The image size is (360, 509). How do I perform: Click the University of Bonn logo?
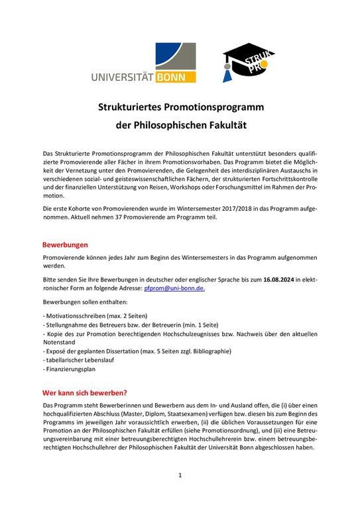coord(143,62)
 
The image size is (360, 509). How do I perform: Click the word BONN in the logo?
coord(176,76)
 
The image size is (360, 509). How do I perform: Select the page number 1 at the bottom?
coord(180,475)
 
